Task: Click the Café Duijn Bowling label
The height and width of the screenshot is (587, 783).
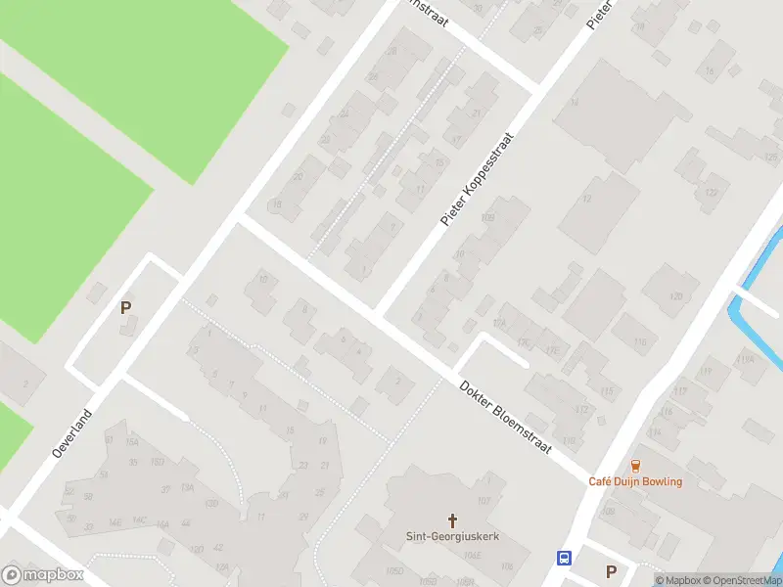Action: pos(635,481)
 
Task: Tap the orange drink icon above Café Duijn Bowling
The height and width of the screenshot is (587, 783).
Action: pos(635,465)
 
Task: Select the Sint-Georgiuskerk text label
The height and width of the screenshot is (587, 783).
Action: pos(452,536)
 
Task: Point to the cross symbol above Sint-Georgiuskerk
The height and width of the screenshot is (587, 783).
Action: pos(452,519)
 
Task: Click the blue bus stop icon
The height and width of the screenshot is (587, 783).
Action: pos(565,559)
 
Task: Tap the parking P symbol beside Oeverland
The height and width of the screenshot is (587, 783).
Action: pos(125,307)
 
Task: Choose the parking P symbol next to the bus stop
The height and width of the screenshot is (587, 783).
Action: pos(612,571)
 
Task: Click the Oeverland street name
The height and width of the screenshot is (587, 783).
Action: pos(71,434)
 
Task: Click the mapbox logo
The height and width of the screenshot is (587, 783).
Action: pos(43,575)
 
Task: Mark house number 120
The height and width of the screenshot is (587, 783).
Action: pos(675,296)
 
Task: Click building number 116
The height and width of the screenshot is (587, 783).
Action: pos(641,341)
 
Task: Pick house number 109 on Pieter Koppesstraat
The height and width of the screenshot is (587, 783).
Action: pos(488,217)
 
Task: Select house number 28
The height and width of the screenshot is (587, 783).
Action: pos(392,51)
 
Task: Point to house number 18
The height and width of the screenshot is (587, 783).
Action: pos(277,203)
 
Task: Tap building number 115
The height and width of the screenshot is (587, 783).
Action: pos(608,391)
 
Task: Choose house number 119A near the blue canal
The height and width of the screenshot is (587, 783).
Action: pos(747,360)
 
